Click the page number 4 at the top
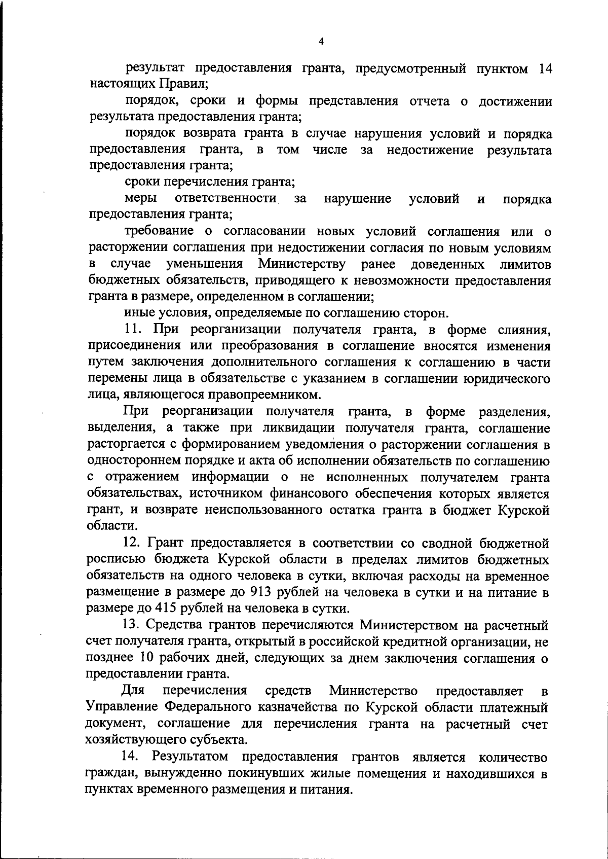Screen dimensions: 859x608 [x=321, y=42]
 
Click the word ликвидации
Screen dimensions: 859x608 [x=281, y=428]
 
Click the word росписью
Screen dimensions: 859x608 [x=115, y=560]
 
